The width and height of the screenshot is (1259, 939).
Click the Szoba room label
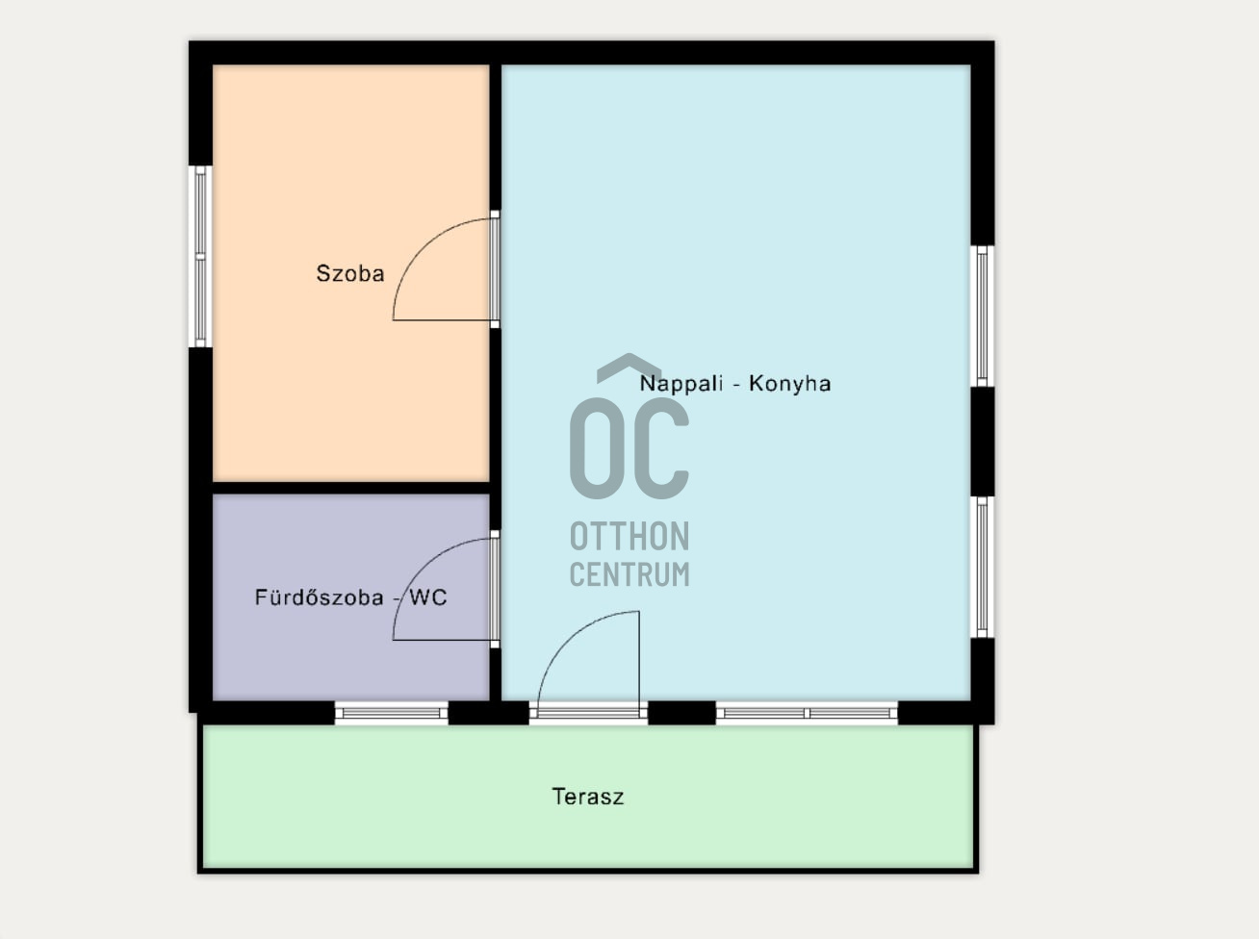click(349, 273)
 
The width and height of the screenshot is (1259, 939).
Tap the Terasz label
click(588, 797)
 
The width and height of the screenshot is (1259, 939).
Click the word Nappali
click(681, 384)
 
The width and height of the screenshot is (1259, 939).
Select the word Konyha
click(790, 384)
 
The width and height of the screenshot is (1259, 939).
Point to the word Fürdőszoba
click(319, 597)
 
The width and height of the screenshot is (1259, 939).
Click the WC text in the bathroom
click(428, 597)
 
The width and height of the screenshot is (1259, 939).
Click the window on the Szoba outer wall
click(200, 256)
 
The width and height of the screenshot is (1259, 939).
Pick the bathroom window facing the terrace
click(391, 713)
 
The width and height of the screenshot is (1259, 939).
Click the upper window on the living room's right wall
click(982, 316)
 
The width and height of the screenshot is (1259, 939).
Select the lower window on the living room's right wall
click(982, 567)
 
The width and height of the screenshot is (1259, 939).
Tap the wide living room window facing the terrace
click(807, 713)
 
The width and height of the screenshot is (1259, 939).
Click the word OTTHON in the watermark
click(629, 537)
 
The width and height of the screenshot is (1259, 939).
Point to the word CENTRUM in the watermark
click(629, 574)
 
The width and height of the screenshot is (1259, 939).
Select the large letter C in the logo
click(661, 447)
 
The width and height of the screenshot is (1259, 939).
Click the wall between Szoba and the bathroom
click(350, 488)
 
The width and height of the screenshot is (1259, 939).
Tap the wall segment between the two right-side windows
click(982, 442)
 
